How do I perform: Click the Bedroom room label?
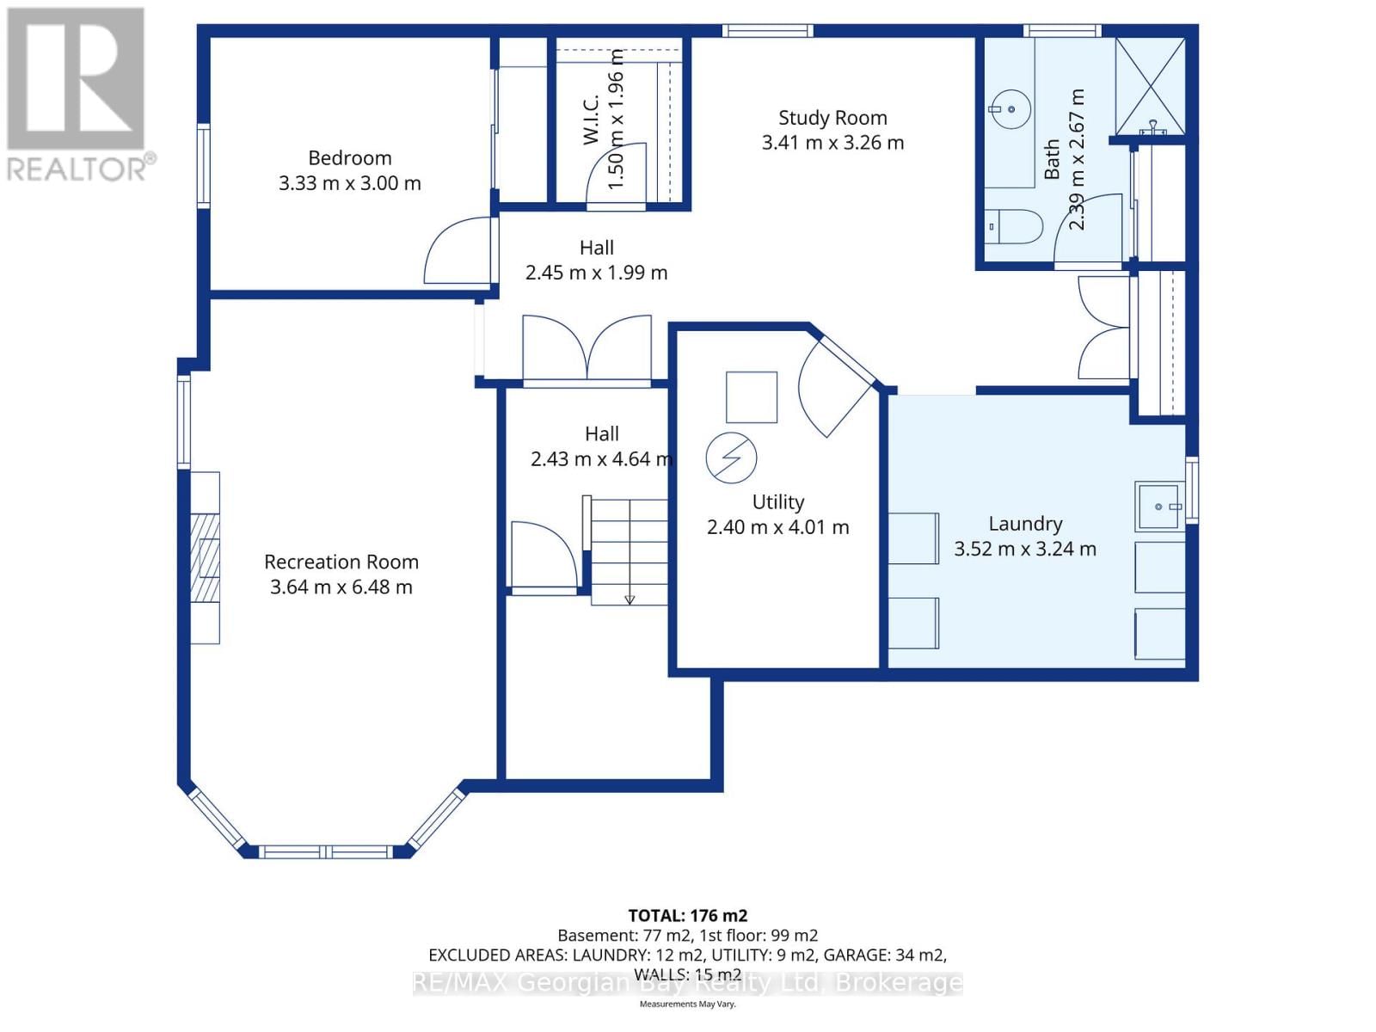349,158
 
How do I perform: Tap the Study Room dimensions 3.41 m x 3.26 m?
832,143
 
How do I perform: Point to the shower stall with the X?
1150,86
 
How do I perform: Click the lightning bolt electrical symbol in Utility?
731,458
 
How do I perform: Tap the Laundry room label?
1025,524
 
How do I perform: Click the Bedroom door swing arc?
458,249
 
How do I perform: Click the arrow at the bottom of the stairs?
630,599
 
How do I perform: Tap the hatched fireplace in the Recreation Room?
205,557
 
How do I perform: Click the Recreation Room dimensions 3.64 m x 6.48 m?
341,587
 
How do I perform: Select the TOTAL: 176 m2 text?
687,916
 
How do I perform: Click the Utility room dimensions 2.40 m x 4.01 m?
777,527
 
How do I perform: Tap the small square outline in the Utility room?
751,396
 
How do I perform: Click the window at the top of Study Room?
767,31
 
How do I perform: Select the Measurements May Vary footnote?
687,1004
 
